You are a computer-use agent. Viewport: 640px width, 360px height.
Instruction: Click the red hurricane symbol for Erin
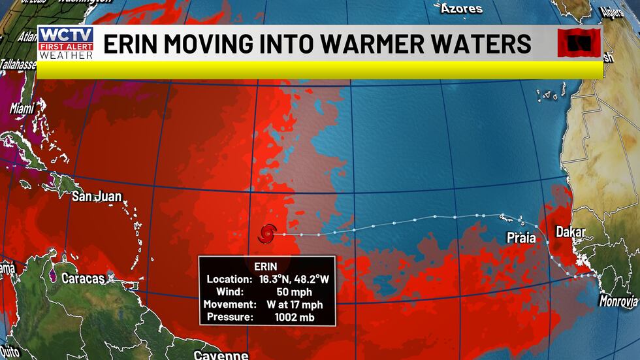265,233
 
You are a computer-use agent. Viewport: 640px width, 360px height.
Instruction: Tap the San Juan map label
98,196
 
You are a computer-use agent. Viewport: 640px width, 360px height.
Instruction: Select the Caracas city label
83,278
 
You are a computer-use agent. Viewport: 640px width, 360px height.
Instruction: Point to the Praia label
521,238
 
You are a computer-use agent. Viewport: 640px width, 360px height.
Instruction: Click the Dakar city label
570,232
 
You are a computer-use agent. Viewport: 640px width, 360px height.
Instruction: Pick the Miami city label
22,109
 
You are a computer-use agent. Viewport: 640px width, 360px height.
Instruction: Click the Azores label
462,8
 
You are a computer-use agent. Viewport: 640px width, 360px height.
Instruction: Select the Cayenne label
221,355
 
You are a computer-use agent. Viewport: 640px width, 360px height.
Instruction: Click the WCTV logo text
65,34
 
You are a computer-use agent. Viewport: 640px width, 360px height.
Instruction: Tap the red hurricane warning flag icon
579,42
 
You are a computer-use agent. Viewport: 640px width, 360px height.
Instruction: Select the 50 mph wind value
295,291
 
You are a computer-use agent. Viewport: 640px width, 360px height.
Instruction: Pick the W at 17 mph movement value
295,304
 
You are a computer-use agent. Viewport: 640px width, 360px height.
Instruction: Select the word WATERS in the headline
484,44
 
